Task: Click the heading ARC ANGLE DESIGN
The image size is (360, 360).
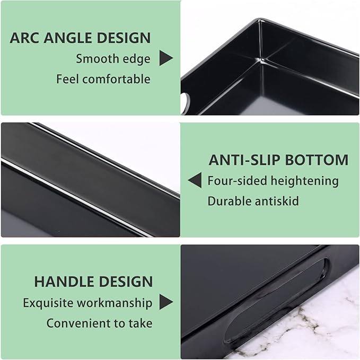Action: pos(80,38)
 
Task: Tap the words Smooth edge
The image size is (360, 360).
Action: pos(113,59)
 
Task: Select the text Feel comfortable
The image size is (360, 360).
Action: pos(103,80)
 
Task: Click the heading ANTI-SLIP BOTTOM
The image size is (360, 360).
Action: pos(278,160)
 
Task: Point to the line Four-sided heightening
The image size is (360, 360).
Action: pos(273,181)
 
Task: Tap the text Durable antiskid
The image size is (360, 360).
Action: pos(253,201)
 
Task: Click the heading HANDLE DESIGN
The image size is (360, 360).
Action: pos(93,282)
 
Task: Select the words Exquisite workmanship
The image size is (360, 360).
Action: pos(87,303)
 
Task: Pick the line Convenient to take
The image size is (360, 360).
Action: pos(99,323)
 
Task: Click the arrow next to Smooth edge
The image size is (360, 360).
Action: pos(166,59)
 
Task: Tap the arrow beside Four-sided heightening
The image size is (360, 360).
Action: pos(195,181)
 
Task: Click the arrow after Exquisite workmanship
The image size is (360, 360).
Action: pos(166,303)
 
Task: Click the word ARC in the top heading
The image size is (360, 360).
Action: pos(23,38)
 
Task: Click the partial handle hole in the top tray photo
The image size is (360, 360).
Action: pos(186,99)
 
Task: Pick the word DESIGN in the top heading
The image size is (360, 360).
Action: pos(126,38)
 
